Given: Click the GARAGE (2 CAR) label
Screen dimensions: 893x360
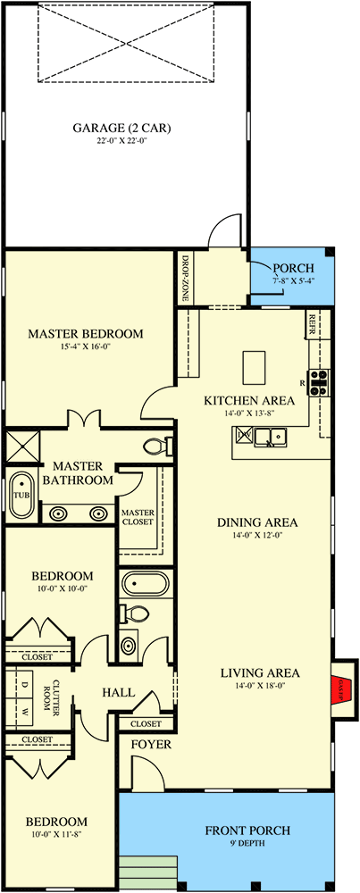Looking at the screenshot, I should (x=122, y=127).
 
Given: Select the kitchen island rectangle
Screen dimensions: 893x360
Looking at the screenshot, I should (x=255, y=364).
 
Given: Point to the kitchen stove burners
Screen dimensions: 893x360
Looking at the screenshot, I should (x=319, y=382).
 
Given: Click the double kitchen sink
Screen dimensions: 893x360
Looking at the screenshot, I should (x=269, y=437).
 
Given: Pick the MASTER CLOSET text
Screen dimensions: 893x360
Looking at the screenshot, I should (x=138, y=517).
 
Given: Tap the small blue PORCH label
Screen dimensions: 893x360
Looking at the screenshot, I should (x=293, y=269).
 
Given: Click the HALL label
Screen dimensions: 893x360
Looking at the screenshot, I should (x=118, y=692).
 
